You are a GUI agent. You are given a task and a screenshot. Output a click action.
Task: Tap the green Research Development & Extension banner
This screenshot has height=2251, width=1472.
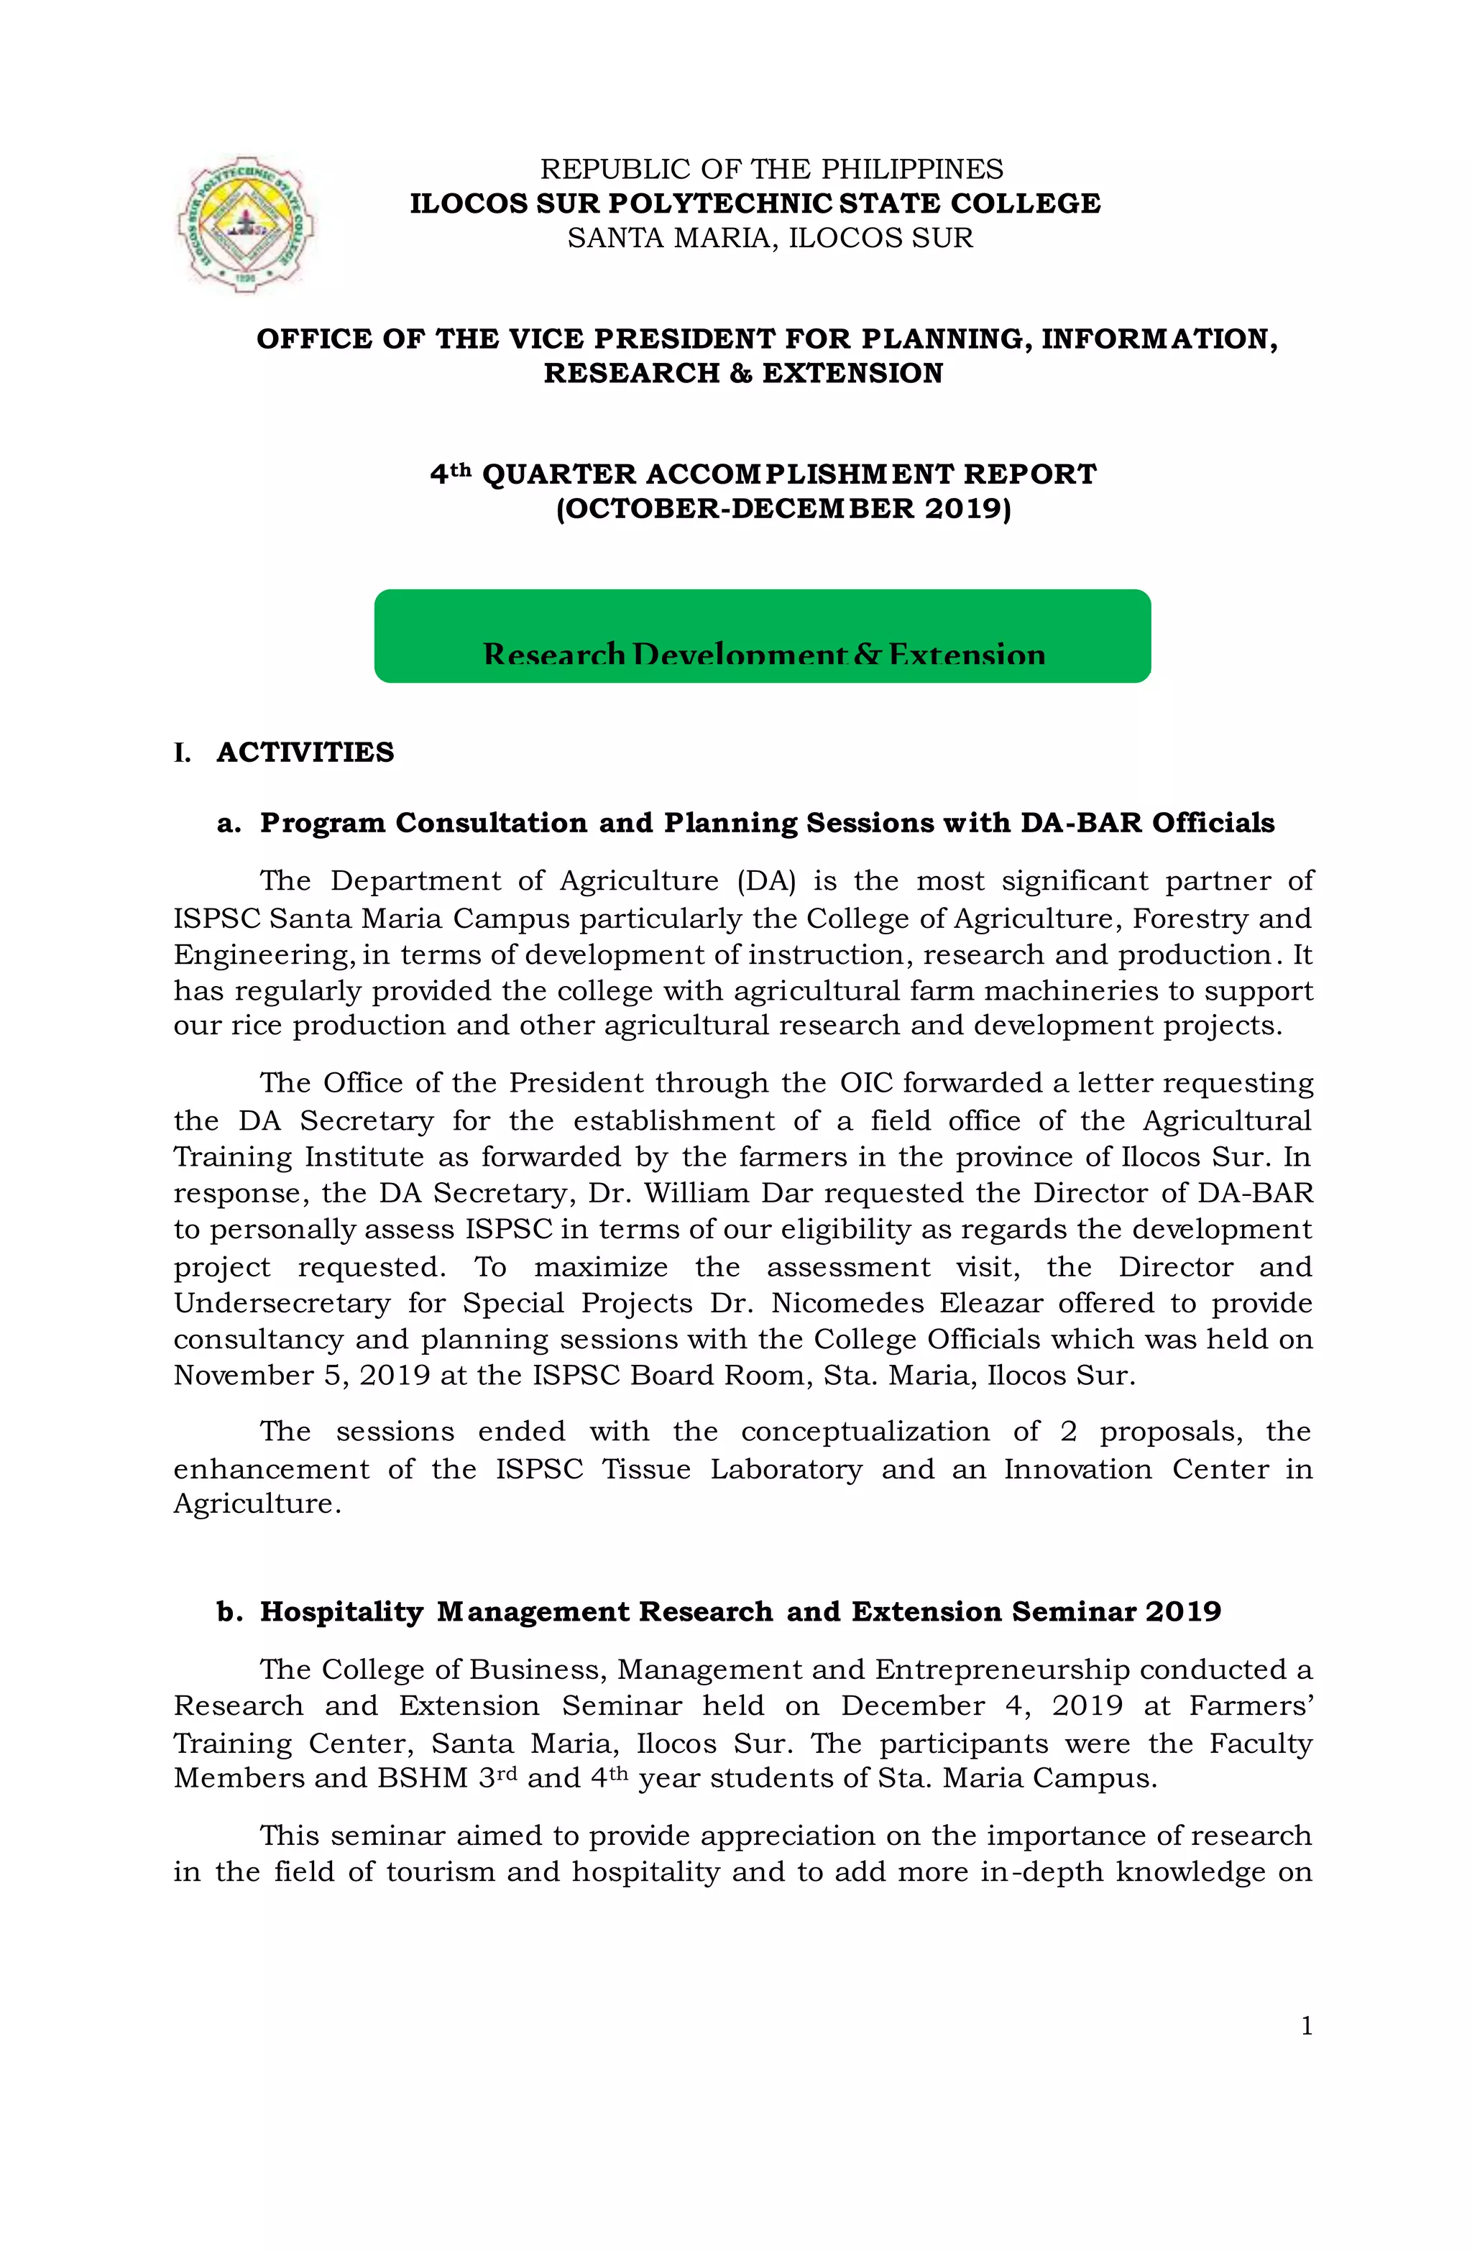(x=762, y=635)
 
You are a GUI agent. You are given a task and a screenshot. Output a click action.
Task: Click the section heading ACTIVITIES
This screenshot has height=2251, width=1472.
(x=305, y=752)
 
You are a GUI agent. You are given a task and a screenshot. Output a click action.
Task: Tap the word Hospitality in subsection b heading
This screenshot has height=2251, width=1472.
(x=341, y=1611)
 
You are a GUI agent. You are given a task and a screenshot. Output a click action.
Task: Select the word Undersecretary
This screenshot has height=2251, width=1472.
(x=281, y=1302)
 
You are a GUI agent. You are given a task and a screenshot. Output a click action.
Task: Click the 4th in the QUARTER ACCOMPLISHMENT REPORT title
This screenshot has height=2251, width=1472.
(x=451, y=473)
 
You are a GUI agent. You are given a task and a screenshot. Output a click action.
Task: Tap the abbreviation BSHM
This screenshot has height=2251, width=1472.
(x=423, y=1778)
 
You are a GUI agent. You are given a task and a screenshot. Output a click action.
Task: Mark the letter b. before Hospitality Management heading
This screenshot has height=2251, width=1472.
(x=230, y=1611)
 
